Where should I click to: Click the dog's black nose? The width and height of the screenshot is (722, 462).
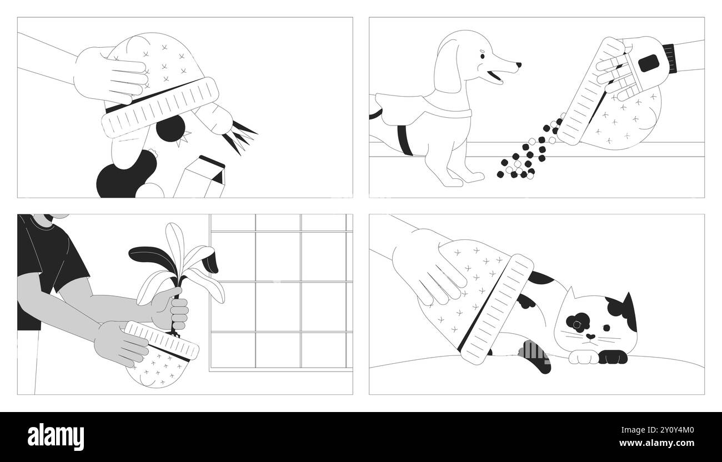coord(518,65)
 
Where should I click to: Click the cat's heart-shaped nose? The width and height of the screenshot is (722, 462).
coord(590,337)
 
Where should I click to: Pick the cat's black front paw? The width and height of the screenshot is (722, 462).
coord(610,358)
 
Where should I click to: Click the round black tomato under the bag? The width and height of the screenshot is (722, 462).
coord(170,128)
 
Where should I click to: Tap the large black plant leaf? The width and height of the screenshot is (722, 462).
coord(149,255)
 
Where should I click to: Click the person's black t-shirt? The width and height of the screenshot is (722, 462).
coord(44,261)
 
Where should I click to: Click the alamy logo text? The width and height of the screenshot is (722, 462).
coord(56,437)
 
